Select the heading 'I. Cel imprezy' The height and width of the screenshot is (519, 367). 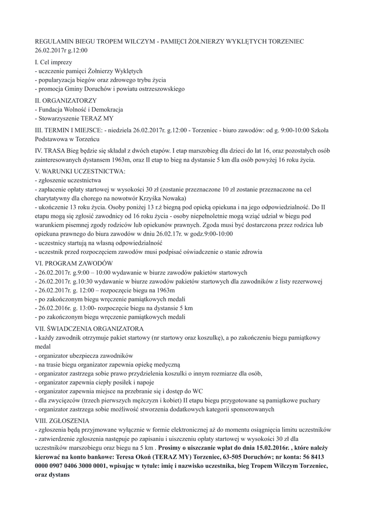(x=53, y=62)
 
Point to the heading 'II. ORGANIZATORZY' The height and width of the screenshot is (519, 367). (x=65, y=100)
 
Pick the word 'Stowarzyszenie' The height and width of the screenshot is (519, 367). (x=60, y=119)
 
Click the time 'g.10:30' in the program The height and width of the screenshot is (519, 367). (x=83, y=281)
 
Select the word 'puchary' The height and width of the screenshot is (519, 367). (x=308, y=400)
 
